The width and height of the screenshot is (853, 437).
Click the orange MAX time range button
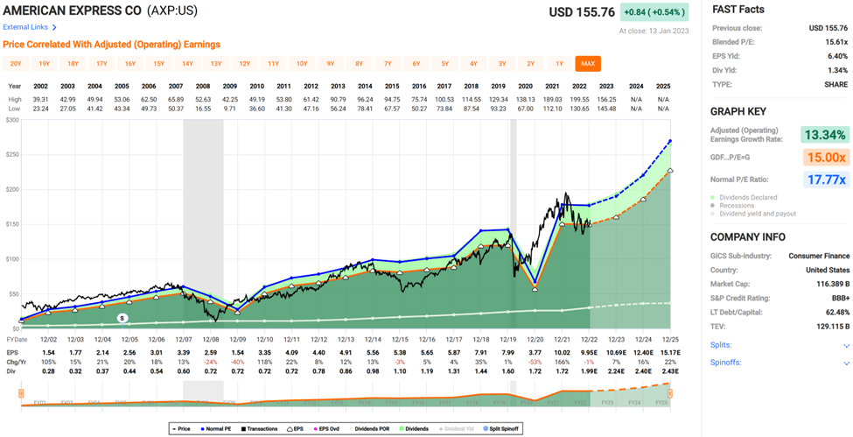click(x=588, y=63)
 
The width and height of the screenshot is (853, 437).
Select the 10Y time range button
click(x=302, y=63)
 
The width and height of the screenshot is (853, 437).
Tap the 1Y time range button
click(x=559, y=63)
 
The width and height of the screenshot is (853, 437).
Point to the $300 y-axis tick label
click(x=11, y=119)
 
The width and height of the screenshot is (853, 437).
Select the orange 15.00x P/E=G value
click(x=825, y=158)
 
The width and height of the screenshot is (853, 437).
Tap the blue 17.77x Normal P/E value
click(x=825, y=180)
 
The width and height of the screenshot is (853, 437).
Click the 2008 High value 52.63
click(x=203, y=99)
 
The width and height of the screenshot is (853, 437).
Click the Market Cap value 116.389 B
click(x=826, y=284)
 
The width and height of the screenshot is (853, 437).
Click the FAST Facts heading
click(x=738, y=10)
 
